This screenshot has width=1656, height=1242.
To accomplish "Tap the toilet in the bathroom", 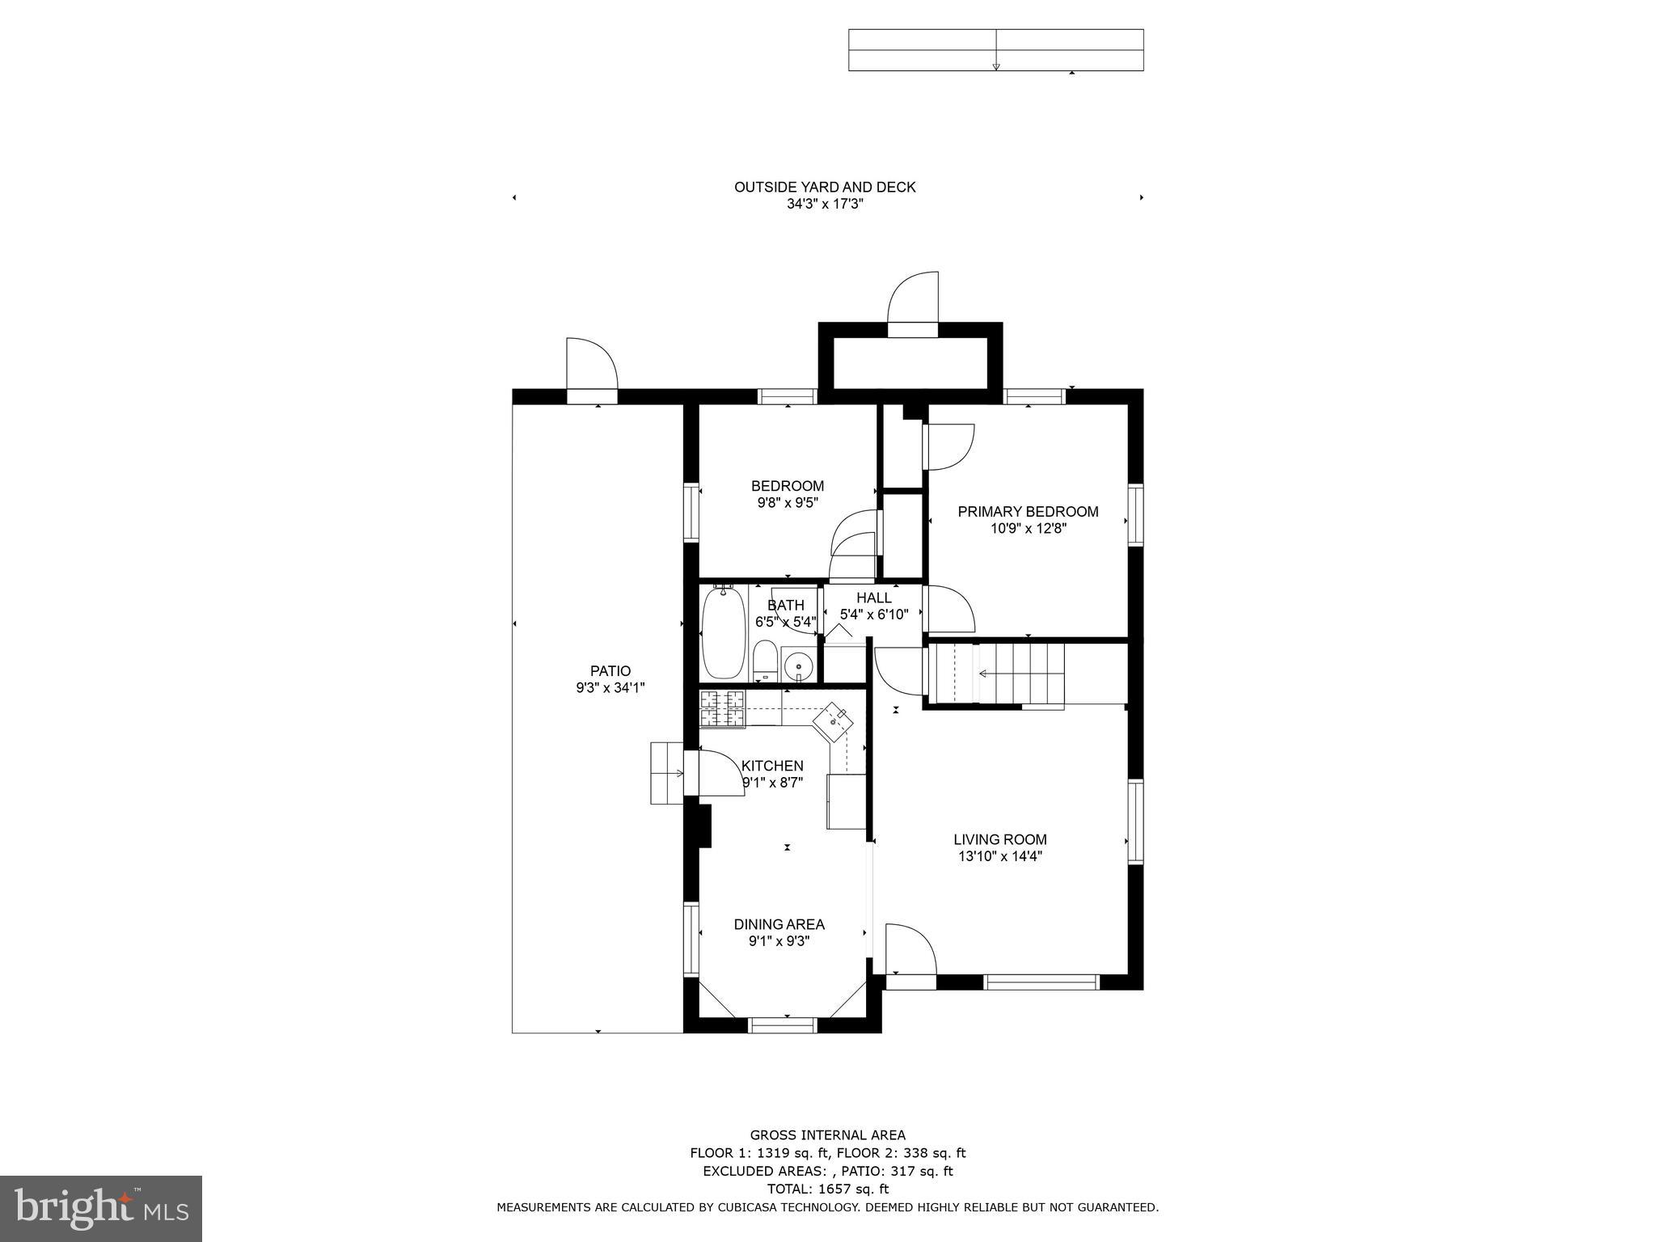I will [x=765, y=661].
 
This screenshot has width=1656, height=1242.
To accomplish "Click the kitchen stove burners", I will [x=722, y=708].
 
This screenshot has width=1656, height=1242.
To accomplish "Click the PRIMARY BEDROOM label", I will [x=1028, y=511].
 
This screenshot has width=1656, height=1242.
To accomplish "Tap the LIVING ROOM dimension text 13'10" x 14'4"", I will [x=999, y=856].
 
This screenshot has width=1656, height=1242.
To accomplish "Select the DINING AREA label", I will [x=779, y=924].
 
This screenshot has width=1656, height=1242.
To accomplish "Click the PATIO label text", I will [x=610, y=670].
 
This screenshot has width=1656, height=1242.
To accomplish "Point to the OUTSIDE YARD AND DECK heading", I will [x=825, y=187].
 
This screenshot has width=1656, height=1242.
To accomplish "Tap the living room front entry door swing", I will [x=910, y=950].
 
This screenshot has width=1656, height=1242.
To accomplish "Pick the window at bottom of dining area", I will [x=783, y=1025].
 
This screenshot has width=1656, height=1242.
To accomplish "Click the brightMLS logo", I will [x=101, y=1208].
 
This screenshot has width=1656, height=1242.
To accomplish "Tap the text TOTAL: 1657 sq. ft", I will [x=827, y=1189].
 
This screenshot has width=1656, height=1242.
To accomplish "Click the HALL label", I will [x=873, y=598].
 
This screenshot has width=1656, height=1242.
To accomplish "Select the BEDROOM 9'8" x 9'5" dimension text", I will [x=788, y=503].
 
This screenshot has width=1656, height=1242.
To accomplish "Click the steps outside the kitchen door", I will [x=667, y=773].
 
